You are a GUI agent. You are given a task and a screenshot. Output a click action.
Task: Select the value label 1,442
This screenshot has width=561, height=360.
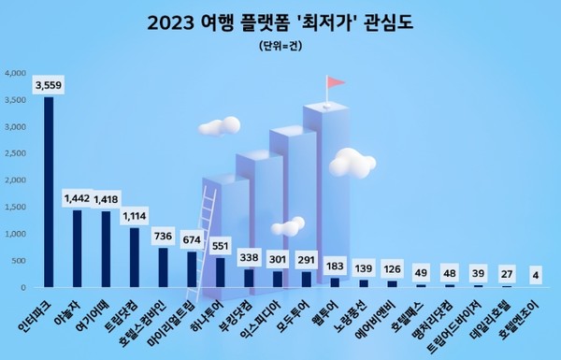pos(78,198)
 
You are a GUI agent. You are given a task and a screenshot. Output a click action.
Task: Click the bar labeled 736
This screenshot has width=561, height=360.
pos(163,267)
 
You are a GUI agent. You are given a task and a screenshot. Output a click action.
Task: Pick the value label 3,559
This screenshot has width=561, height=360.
pos(49,85)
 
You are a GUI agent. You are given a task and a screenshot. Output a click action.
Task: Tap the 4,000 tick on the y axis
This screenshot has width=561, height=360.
pos(18,72)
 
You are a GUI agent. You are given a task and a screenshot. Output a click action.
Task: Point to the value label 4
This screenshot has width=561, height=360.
pos(534,275)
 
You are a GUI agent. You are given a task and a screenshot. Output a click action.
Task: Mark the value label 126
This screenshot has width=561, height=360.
pos(392,268)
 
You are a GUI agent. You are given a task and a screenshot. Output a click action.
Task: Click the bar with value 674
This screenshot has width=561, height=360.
pos(191,269)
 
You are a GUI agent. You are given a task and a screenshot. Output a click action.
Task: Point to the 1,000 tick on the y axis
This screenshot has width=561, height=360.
pos(18,234)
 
